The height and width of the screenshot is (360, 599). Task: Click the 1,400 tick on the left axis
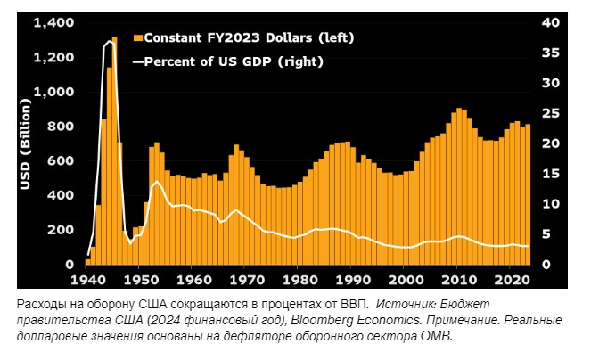point(53,23)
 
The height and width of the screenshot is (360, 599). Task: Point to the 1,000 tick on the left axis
point(53,93)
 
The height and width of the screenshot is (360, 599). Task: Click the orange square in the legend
point(137,38)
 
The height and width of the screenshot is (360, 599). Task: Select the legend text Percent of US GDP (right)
point(234,62)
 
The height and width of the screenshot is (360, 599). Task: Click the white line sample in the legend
point(137,63)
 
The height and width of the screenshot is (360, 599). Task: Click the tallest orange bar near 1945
point(114,151)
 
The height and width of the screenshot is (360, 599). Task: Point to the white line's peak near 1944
point(110,41)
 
